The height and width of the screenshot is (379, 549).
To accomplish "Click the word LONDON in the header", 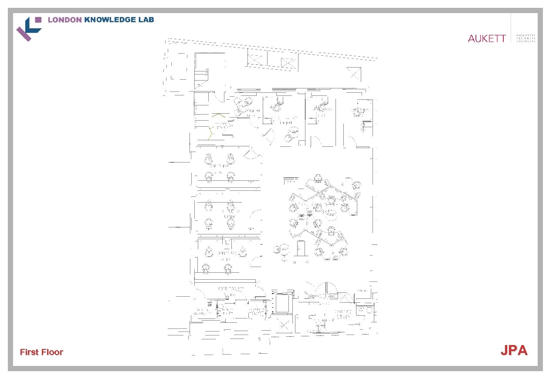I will [x=64, y=20].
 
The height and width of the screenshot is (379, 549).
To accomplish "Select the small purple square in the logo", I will [x=38, y=20].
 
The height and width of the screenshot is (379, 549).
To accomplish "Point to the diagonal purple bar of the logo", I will [x=24, y=34].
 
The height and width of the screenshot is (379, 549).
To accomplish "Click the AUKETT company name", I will [x=487, y=38].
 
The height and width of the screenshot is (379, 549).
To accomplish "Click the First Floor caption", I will [x=41, y=352].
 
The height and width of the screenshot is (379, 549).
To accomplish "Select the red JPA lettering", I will [x=514, y=350].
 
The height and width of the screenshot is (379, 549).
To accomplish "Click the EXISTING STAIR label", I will [x=343, y=314].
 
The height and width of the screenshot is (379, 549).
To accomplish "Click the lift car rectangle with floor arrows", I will [x=282, y=303].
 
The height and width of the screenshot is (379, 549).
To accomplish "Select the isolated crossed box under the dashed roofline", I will [x=354, y=74].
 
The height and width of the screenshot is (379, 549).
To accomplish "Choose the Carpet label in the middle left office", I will [x=230, y=217].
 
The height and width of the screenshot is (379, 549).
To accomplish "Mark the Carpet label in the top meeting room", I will [x=286, y=123].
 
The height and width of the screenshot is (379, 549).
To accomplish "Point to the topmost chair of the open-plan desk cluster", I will [x=318, y=178].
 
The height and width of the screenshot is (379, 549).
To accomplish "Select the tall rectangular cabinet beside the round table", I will [x=300, y=248].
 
